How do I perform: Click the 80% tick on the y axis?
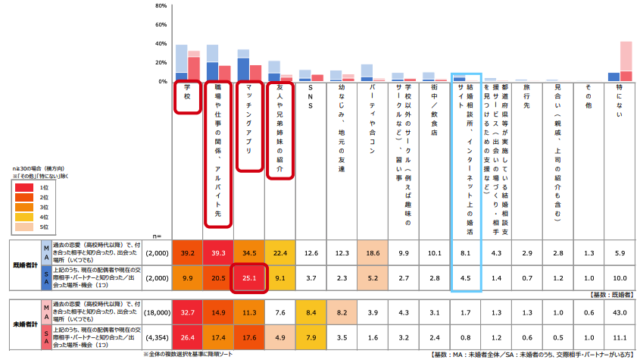pos(161,6)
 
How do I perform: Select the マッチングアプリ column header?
pos(248,125)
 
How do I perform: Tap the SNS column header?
pos(311,99)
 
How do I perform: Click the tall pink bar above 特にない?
pos(626,56)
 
